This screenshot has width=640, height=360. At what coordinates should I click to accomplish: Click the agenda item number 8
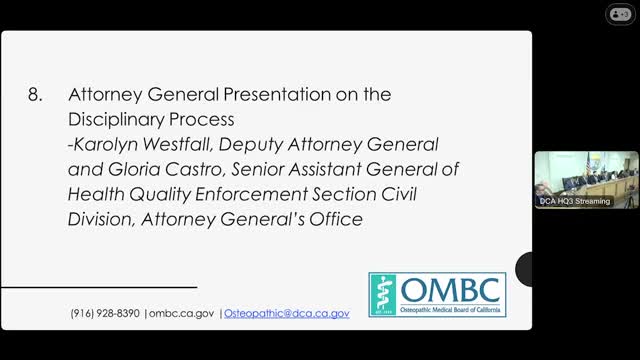pyautogui.click(x=35, y=95)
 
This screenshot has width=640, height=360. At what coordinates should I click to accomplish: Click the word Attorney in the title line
pyautogui.click(x=100, y=95)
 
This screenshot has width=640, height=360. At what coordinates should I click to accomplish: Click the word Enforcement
pyautogui.click(x=260, y=194)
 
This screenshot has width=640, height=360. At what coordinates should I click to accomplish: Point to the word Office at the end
pyautogui.click(x=329, y=219)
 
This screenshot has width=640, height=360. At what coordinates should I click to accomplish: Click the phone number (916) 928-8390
pyautogui.click(x=105, y=313)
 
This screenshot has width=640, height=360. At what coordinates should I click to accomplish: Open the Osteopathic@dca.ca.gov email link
pyautogui.click(x=286, y=313)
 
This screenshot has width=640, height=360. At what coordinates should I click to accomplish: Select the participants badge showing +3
pyautogui.click(x=619, y=13)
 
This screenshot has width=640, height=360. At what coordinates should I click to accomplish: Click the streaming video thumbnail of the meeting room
pyautogui.click(x=586, y=176)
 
